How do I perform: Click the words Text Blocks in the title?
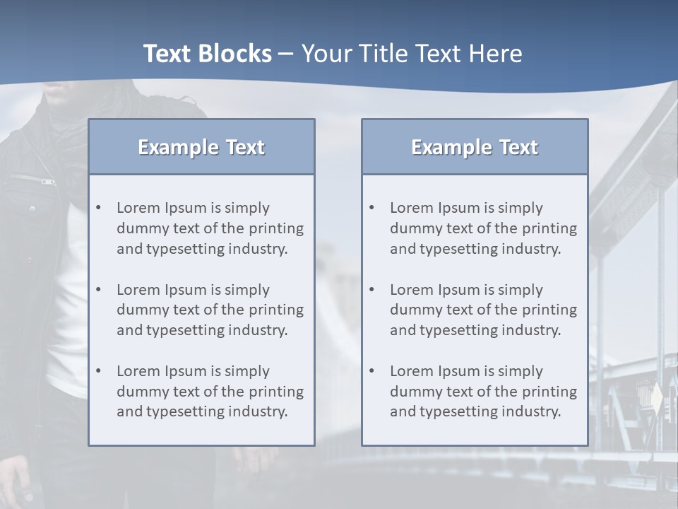click(207, 54)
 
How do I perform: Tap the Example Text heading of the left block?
click(201, 147)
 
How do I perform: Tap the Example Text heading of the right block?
click(475, 147)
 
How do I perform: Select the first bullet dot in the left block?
click(99, 208)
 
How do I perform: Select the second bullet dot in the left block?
click(99, 290)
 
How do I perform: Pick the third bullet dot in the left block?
click(99, 371)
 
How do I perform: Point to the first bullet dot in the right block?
click(372, 208)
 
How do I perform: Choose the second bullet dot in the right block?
click(372, 290)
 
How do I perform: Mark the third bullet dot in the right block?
click(372, 371)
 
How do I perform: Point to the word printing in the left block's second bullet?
click(277, 310)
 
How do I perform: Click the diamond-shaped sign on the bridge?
click(656, 399)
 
